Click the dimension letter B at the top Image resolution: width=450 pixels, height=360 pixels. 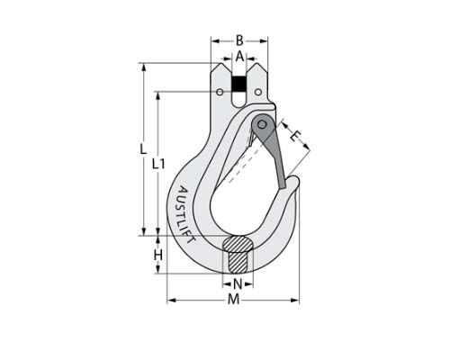239,40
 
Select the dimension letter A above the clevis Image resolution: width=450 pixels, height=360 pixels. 239,56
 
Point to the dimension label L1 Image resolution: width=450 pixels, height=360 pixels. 158,164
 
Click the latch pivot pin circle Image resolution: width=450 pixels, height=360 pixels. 261,123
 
